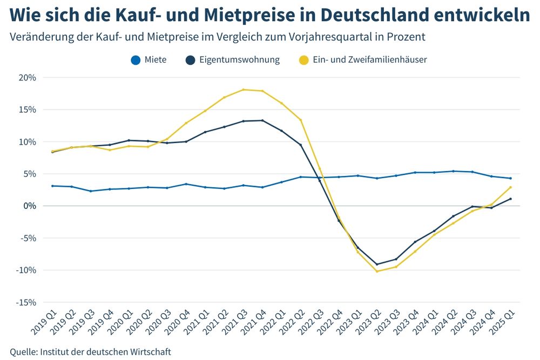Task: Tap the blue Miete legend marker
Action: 136,60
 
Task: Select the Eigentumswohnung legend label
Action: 239,60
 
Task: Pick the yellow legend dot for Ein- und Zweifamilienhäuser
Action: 304,60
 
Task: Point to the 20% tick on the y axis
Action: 26,77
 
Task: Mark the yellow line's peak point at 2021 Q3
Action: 243,90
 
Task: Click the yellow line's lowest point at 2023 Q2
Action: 377,271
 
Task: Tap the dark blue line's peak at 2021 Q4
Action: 262,120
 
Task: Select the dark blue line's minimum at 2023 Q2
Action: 377,264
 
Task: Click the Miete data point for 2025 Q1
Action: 511,178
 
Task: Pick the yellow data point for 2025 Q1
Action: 511,187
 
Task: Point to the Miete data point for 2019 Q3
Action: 90,191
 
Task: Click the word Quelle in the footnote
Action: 23,352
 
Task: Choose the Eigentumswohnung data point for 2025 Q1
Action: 511,199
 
